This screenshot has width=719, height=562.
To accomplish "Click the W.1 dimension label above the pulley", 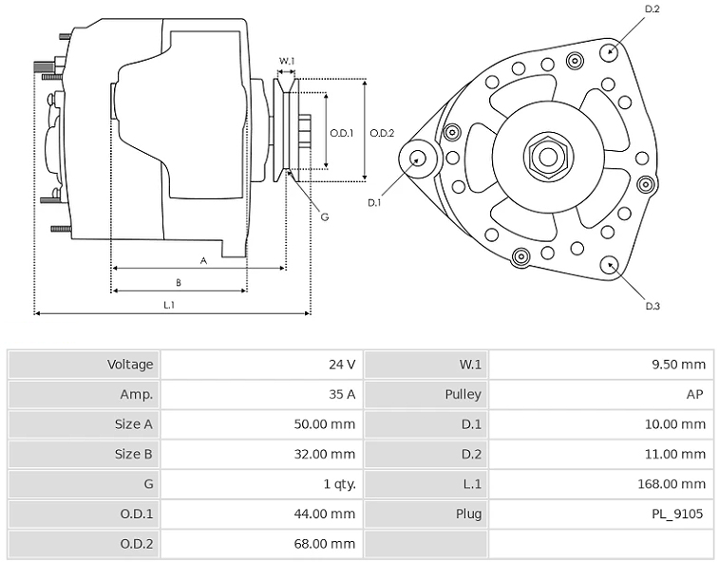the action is (x=287, y=61).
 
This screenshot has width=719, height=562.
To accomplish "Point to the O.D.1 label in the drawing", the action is (x=342, y=133).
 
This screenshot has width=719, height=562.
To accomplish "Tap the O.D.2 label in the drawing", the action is (x=382, y=133).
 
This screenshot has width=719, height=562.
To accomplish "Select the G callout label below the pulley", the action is (x=325, y=216).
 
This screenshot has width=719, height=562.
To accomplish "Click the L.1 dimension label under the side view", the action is (x=169, y=305).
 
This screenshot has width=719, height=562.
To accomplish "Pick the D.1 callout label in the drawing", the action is (x=374, y=202).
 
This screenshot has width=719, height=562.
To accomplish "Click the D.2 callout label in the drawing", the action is (x=653, y=9).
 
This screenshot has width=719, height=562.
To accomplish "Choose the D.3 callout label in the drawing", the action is (x=653, y=306).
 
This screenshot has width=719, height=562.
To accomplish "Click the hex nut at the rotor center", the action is (x=547, y=157).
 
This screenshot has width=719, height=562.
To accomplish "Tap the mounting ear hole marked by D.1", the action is (x=417, y=159).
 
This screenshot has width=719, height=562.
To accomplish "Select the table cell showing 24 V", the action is (x=262, y=365).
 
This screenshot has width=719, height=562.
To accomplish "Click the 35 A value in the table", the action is (x=342, y=394).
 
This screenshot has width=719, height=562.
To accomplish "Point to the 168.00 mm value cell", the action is (x=601, y=483).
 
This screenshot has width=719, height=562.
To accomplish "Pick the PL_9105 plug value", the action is (x=677, y=514).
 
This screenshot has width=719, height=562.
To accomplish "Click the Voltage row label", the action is (x=130, y=365).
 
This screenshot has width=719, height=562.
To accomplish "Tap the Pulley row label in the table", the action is (x=464, y=394).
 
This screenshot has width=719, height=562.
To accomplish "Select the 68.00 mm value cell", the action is (x=262, y=544).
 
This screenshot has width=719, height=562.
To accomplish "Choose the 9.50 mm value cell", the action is (x=601, y=365).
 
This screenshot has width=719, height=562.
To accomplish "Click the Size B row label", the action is (x=133, y=454).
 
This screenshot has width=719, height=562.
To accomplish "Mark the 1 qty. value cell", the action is (x=262, y=483).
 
